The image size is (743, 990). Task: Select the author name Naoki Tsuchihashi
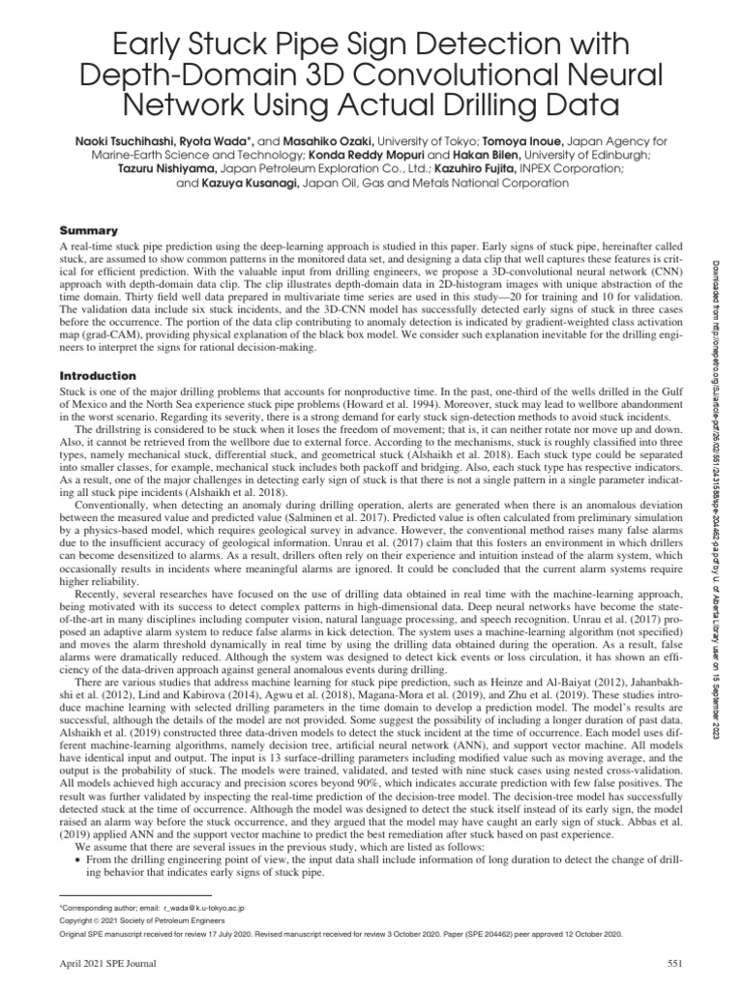pos(145,139)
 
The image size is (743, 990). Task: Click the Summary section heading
pos(89,231)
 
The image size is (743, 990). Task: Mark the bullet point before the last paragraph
pos(77,859)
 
